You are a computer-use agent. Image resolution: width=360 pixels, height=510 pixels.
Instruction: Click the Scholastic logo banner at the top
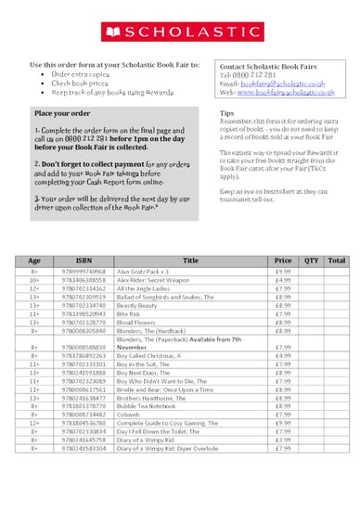point(180,31)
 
